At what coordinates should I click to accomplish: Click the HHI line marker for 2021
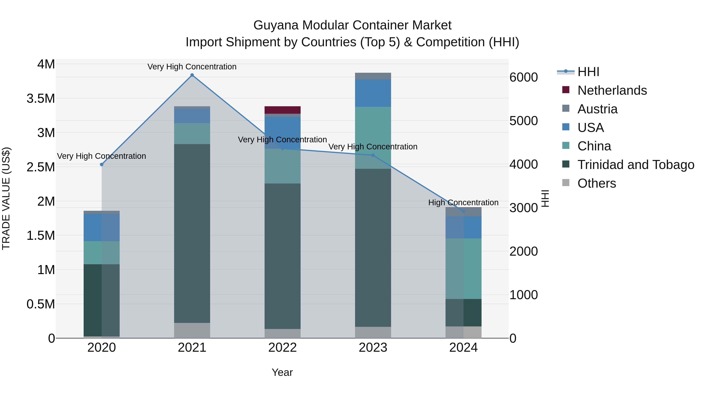192,75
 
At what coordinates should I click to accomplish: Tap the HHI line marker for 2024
463,211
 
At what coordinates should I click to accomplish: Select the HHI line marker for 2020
101,164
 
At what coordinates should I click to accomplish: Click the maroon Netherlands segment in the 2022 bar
282,110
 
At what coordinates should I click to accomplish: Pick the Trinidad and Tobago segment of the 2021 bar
192,233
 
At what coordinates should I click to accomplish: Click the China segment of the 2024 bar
463,269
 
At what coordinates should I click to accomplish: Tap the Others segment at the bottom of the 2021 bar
192,330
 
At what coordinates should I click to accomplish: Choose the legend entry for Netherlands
612,90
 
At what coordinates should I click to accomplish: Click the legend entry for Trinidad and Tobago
635,165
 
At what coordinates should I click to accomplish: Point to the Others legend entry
597,183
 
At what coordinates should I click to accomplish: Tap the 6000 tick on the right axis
523,77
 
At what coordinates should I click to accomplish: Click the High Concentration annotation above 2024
463,203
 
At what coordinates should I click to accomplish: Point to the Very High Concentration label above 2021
192,67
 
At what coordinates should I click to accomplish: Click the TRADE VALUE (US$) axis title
6,198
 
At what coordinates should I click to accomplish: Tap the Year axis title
282,372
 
